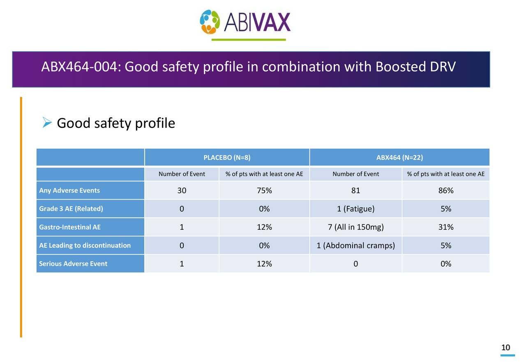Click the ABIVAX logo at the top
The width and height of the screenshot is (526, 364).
coord(245,22)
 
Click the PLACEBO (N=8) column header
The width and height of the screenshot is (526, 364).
coord(227,157)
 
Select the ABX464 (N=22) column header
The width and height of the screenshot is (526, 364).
coord(399,157)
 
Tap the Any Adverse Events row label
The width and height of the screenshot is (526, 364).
coord(69,191)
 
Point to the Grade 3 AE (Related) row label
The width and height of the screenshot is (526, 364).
coord(71,209)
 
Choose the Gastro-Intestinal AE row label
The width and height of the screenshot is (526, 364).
coord(69,227)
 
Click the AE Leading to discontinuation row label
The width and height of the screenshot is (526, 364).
coord(85,245)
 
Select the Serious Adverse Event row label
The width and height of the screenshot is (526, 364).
coord(73,264)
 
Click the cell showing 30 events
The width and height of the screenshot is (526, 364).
coord(182,191)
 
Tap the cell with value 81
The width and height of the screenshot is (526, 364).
coord(355,191)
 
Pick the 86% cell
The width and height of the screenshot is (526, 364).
coord(446,191)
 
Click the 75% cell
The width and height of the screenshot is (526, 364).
coord(264,191)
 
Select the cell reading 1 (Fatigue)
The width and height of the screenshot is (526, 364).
coord(355,209)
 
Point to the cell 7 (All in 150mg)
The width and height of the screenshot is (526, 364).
coord(355,227)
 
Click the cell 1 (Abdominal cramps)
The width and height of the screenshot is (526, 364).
coord(355,246)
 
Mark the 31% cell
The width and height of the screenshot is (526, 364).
coord(446,227)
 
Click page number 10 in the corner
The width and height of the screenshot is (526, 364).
coord(505,348)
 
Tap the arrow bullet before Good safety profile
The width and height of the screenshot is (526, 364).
coord(47,122)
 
